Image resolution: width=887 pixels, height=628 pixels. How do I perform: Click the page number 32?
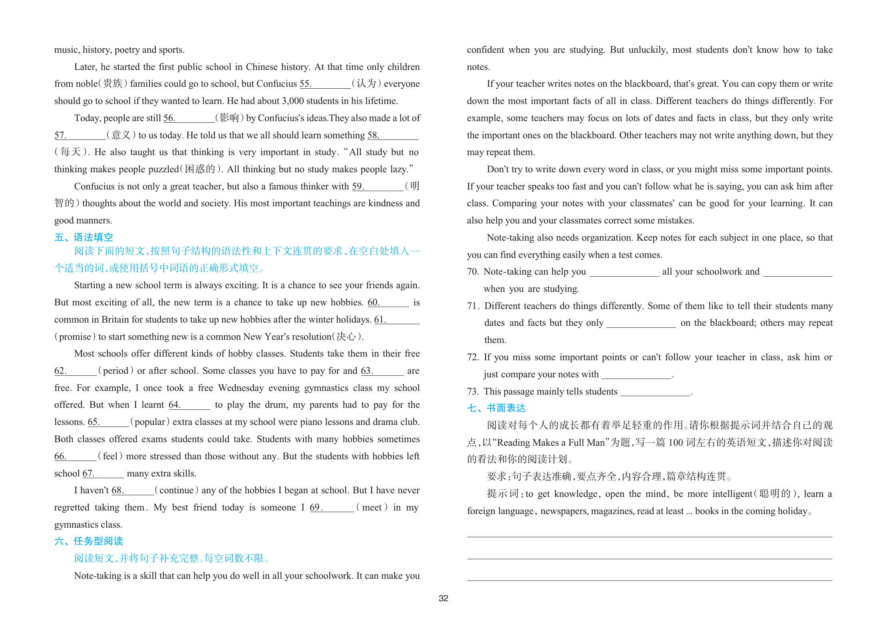tap(443, 598)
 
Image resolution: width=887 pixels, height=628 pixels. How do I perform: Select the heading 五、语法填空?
tap(84, 237)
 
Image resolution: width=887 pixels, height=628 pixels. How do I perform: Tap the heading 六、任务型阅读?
tap(89, 541)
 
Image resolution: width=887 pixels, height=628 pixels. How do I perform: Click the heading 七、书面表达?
tap(496, 408)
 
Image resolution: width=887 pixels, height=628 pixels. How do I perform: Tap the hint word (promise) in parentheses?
tap(75, 337)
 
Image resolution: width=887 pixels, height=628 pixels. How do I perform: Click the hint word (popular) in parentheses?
tap(150, 422)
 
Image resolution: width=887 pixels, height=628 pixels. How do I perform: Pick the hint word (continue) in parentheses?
tap(176, 490)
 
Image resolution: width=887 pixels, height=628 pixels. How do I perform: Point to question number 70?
tap(473, 272)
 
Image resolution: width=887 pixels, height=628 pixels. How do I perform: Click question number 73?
tap(473, 391)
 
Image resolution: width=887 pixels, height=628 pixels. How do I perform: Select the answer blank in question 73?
tap(655, 392)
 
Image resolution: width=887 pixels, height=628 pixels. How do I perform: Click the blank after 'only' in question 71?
tap(641, 323)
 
